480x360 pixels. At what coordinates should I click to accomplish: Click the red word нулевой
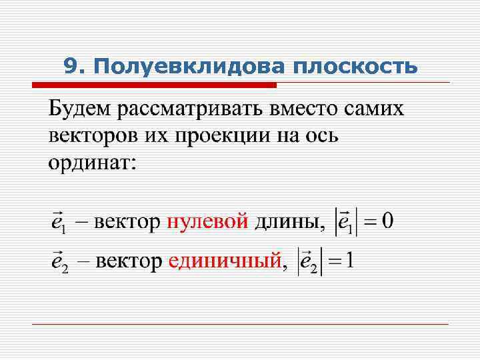pos(207,220)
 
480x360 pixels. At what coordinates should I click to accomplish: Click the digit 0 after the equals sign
pos(387,220)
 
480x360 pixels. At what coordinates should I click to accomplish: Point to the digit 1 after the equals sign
pos(349,260)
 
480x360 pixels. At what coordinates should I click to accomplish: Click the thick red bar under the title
pos(154,85)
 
